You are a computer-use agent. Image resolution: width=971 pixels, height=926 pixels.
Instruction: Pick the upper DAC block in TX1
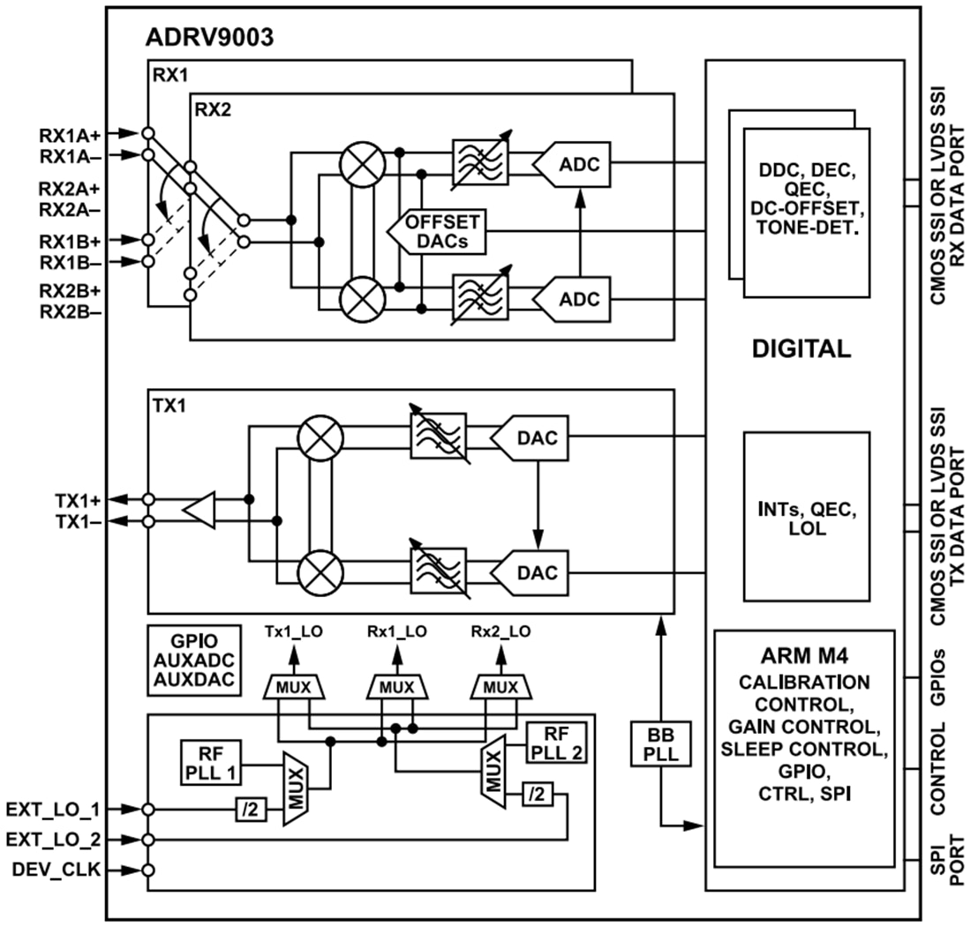coord(532,437)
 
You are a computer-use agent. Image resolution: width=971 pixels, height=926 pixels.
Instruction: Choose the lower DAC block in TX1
coord(532,572)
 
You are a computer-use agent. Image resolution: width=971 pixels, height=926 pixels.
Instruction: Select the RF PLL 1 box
coord(210,758)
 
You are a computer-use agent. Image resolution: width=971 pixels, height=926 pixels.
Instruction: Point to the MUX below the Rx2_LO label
coord(501,686)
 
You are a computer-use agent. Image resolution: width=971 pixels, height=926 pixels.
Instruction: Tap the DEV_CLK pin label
coord(56,870)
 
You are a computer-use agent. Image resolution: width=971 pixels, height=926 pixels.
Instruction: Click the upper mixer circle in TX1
coord(318,438)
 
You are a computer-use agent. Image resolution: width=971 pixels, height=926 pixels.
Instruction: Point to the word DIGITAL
coord(801,348)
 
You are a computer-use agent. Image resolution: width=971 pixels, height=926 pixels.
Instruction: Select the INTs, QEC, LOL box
coord(806,514)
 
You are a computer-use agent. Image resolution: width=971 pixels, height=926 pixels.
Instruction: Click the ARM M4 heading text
coord(803,657)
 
